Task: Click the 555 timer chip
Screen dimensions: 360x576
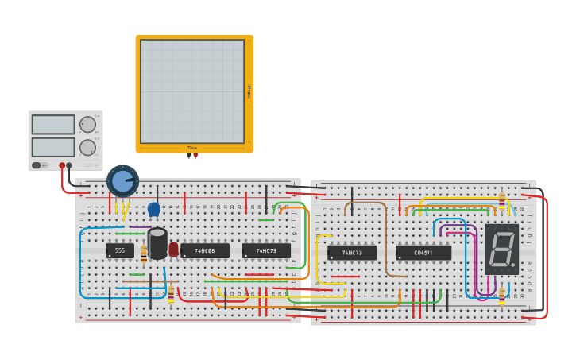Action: click(119, 250)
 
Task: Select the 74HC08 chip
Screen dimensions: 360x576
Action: click(204, 250)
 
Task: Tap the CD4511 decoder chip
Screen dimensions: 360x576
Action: click(423, 253)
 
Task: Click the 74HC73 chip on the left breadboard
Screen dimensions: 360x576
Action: click(266, 250)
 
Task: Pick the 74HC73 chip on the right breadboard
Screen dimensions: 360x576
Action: click(352, 253)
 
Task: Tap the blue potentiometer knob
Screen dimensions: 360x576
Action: click(122, 181)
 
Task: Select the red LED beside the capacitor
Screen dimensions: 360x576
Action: click(173, 249)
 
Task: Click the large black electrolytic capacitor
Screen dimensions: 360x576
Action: click(158, 243)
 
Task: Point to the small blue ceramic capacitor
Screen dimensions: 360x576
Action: click(154, 209)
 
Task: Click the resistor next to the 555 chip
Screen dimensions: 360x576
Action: click(144, 254)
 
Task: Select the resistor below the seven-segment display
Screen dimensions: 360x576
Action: click(501, 296)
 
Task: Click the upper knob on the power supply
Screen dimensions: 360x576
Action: click(87, 124)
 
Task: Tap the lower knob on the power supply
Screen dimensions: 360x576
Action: click(87, 147)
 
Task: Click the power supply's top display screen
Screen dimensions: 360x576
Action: click(53, 124)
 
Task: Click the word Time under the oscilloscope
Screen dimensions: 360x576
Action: click(191, 148)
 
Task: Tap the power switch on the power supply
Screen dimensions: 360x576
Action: click(37, 165)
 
